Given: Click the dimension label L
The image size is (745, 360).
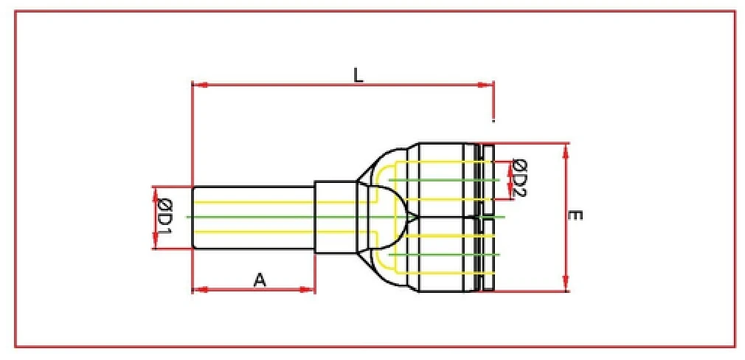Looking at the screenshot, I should [358, 75].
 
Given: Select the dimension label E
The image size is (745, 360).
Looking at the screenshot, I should [577, 216].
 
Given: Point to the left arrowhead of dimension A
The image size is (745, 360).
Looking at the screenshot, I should [198, 289].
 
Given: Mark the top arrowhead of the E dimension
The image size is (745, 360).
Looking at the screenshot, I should [566, 148].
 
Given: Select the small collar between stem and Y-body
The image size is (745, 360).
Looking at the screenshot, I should [335, 218].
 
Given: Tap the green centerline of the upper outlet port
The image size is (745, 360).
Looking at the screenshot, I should [443, 180].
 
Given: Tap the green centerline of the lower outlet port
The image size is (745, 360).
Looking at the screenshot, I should [443, 255].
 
